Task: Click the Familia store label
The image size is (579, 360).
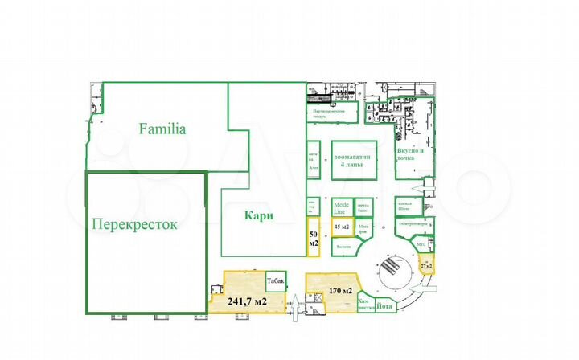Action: click(162, 128)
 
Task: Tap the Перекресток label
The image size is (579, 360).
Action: click(133, 225)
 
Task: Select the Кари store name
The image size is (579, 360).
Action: click(259, 215)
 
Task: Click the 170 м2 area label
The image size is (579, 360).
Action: click(341, 291)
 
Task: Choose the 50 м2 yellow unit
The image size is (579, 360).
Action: click(313, 239)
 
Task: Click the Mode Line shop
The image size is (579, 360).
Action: click(341, 207)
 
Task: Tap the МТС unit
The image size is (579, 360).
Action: click(421, 243)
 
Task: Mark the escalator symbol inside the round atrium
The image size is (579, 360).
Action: click(389, 268)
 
